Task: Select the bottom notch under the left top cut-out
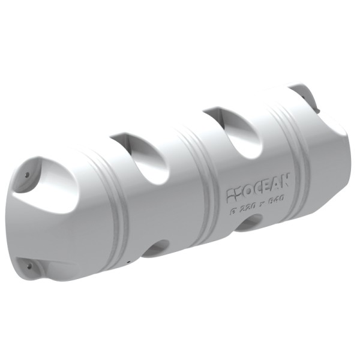[158, 248]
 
